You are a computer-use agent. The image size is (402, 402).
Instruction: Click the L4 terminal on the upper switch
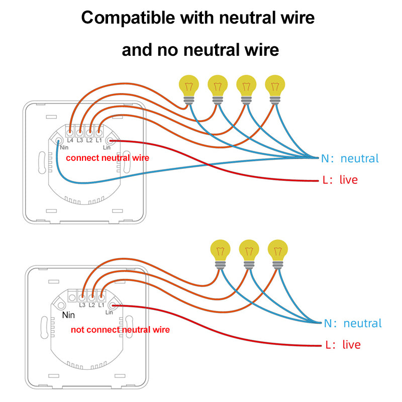(x=70, y=133)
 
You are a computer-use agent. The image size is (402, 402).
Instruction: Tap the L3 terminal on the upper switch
(x=79, y=133)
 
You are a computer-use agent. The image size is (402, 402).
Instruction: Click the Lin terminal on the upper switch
(x=112, y=141)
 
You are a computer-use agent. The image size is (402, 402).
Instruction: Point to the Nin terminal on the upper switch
(x=58, y=141)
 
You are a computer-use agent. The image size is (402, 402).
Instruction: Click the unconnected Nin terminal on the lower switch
(x=61, y=306)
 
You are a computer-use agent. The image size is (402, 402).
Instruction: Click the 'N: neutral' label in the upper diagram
(x=350, y=158)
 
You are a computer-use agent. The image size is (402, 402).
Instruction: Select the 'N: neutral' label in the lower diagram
(x=353, y=323)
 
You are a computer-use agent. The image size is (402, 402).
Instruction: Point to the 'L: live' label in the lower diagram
(x=343, y=345)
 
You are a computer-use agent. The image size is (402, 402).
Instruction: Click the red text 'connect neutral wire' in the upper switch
(x=107, y=158)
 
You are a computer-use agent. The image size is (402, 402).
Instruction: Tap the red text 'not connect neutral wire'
(x=120, y=330)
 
